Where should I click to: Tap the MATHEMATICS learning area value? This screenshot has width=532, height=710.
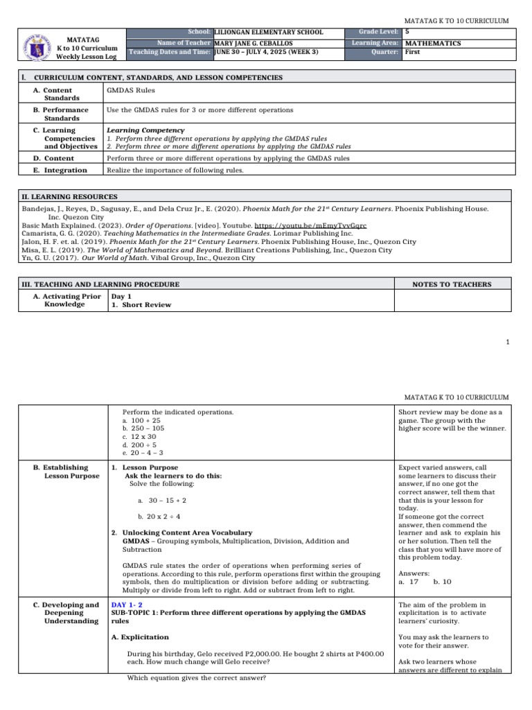pyautogui.click(x=434, y=43)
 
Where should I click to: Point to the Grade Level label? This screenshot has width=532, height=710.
pyautogui.click(x=379, y=33)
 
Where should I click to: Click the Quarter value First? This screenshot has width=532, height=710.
pyautogui.click(x=414, y=52)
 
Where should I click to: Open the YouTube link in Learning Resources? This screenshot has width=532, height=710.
pyautogui.click(x=319, y=225)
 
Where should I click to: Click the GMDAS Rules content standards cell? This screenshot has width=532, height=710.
pyautogui.click(x=130, y=90)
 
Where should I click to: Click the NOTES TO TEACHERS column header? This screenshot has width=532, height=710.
pyautogui.click(x=452, y=284)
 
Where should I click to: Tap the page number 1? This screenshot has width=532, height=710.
pyautogui.click(x=508, y=342)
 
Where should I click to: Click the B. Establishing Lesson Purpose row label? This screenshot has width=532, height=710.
pyautogui.click(x=66, y=472)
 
